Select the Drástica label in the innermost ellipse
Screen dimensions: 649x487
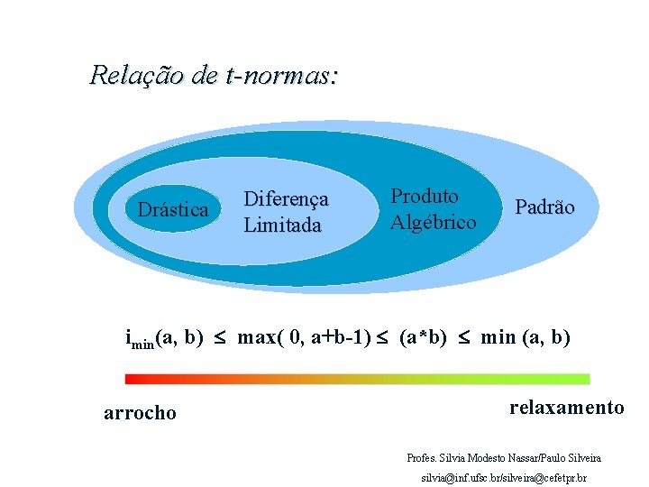pyautogui.click(x=172, y=210)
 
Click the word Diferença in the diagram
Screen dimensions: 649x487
pyautogui.click(x=286, y=198)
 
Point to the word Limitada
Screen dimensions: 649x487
pyautogui.click(x=282, y=225)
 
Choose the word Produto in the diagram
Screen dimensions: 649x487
pyautogui.click(x=425, y=196)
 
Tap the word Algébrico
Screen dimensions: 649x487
pyautogui.click(x=433, y=221)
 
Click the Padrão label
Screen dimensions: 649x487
pyautogui.click(x=544, y=207)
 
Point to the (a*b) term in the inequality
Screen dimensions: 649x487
pyautogui.click(x=423, y=338)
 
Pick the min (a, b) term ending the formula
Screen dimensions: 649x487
pyautogui.click(x=526, y=338)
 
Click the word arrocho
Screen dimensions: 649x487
pyautogui.click(x=140, y=413)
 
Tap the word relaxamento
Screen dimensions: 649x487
pyautogui.click(x=566, y=408)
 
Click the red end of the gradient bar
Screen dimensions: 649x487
pyautogui.click(x=133, y=380)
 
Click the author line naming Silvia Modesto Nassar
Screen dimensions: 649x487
pyautogui.click(x=504, y=458)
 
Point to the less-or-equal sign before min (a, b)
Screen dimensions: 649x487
pyautogui.click(x=464, y=339)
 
